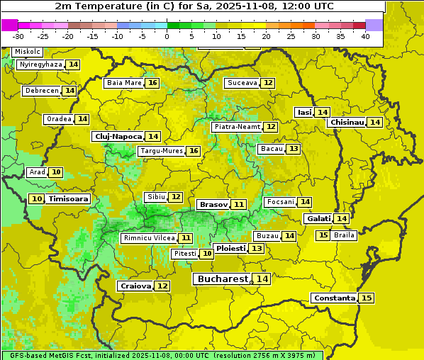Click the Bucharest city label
point(223,279)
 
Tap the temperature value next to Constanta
point(367,298)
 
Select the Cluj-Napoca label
point(118,136)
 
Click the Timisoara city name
point(69,199)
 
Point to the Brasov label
point(213,204)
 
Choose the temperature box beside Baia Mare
point(152,83)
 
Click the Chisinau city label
point(347,122)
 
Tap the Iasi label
point(304,112)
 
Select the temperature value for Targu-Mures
point(193,151)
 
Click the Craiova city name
point(135,286)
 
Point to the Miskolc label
point(28,52)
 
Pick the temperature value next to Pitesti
point(206,254)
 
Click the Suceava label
point(242,83)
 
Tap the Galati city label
point(318,219)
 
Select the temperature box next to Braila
point(323,235)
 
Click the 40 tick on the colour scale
point(365,36)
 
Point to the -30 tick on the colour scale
point(18,36)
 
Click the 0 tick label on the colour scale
point(167,36)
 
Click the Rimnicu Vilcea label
point(147,238)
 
